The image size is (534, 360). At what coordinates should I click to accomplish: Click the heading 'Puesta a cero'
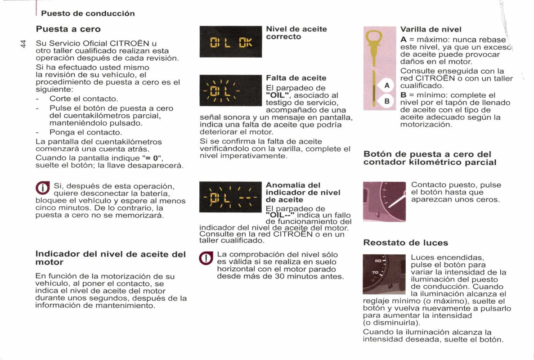68,29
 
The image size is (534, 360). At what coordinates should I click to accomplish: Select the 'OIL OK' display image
230,42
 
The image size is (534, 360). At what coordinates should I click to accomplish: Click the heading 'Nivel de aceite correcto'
296,33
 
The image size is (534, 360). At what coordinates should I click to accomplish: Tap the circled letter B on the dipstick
386,102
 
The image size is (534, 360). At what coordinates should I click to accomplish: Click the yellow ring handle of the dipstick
374,36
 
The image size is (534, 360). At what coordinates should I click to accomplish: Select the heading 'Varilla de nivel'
431,29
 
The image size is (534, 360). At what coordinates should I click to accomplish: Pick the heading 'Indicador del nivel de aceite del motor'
110,258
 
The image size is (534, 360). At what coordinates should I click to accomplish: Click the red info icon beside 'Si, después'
43,188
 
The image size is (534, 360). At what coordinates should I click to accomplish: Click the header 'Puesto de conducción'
88,13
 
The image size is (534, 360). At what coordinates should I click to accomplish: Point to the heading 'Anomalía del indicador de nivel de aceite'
303,192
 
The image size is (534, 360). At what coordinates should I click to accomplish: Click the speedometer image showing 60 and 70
384,274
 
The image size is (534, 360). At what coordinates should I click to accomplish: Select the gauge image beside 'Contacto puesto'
384,201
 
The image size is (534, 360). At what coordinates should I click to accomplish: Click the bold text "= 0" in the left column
153,158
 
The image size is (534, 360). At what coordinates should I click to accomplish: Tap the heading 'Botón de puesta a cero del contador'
430,158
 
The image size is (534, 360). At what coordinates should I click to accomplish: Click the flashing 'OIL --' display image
230,198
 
